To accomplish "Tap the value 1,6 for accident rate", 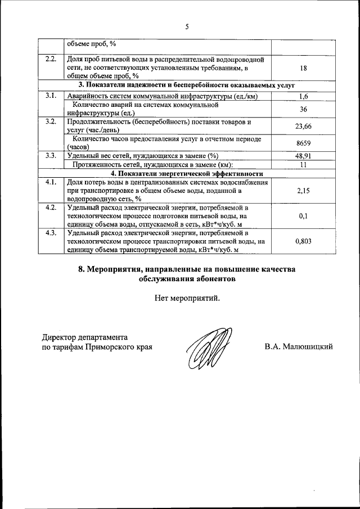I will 303,96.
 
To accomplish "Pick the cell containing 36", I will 303,109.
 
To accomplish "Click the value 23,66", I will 303,126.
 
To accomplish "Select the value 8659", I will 303,143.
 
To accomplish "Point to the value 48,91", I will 303,156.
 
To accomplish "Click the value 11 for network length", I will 303,164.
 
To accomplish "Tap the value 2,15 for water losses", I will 303,191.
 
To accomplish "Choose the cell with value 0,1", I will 303,215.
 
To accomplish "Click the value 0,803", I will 303,240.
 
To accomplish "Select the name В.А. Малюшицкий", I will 299,346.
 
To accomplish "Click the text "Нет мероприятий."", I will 187,298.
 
